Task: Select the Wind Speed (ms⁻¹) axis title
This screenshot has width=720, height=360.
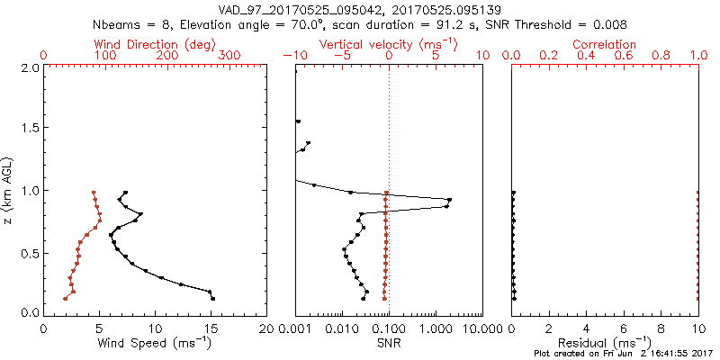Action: [x=155, y=343]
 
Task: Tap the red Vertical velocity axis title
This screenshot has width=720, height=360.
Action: [x=389, y=44]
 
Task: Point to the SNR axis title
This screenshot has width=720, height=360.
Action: [x=389, y=343]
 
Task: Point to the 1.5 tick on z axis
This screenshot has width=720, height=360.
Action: [x=27, y=129]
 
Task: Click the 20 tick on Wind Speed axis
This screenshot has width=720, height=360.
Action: [x=266, y=328]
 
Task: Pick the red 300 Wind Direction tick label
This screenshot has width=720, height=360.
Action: [x=229, y=56]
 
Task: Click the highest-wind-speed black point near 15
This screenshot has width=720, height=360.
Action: [x=213, y=298]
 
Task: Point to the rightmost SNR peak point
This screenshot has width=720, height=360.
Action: [x=449, y=200]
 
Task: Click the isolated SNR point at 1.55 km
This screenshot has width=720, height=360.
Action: [x=298, y=121]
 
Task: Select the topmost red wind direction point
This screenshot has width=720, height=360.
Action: [x=93, y=192]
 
